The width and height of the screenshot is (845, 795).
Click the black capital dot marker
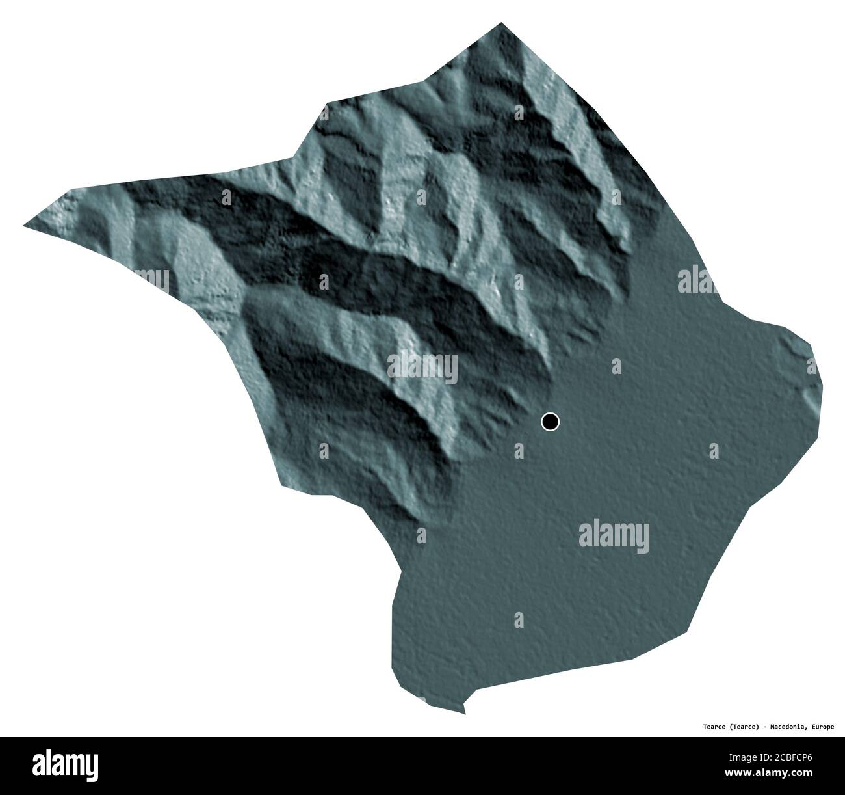550,422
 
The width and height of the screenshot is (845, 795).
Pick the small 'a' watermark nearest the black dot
518,450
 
